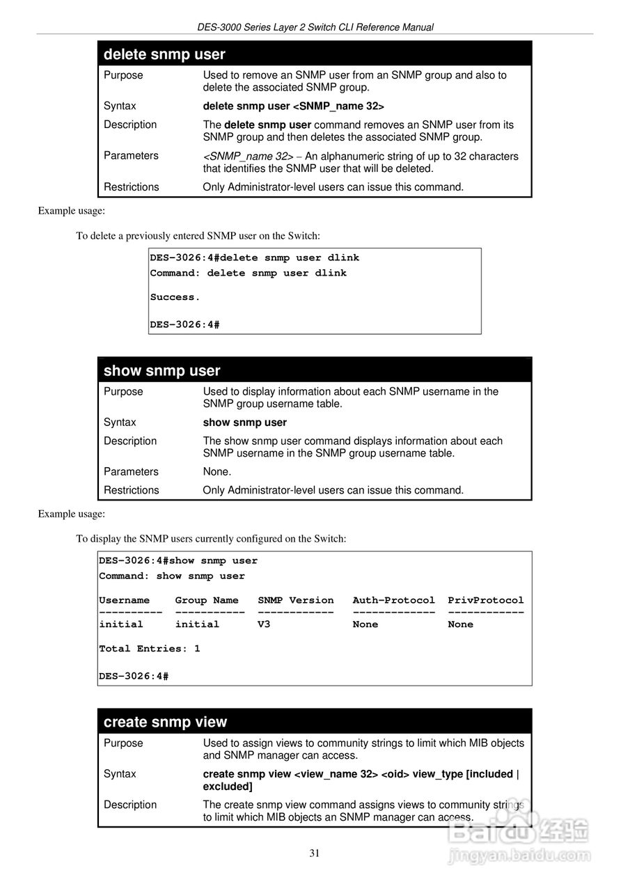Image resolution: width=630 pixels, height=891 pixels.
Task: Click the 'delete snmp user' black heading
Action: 164,54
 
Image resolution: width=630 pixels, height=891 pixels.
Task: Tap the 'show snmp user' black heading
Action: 162,371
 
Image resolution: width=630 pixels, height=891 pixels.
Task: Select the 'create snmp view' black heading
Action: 165,722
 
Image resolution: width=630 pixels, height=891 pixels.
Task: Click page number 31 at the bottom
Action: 315,853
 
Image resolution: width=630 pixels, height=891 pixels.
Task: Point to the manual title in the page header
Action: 315,27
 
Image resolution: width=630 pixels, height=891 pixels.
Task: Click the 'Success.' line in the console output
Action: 175,297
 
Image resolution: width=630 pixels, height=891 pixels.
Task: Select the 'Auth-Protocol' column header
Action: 393,600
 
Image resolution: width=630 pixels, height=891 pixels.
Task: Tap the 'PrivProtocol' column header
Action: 485,600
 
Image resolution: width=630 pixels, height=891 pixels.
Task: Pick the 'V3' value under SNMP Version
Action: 264,624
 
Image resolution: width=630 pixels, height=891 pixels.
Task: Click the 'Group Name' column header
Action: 207,600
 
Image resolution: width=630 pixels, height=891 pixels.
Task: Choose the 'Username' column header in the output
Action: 124,600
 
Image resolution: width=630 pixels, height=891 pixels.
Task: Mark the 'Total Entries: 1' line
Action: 149,649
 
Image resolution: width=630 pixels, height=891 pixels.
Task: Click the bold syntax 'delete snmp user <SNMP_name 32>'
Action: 293,106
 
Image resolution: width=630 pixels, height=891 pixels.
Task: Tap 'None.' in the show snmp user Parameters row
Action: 217,471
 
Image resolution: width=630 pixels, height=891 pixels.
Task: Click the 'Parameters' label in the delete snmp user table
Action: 131,155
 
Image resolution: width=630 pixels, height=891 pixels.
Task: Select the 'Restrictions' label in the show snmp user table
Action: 131,490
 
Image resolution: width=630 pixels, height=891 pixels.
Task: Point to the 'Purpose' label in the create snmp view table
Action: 123,743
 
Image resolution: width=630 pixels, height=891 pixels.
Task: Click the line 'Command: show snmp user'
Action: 171,576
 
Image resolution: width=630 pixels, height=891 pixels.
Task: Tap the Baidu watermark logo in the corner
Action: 519,832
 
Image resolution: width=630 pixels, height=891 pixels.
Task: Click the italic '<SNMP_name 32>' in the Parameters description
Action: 247,157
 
